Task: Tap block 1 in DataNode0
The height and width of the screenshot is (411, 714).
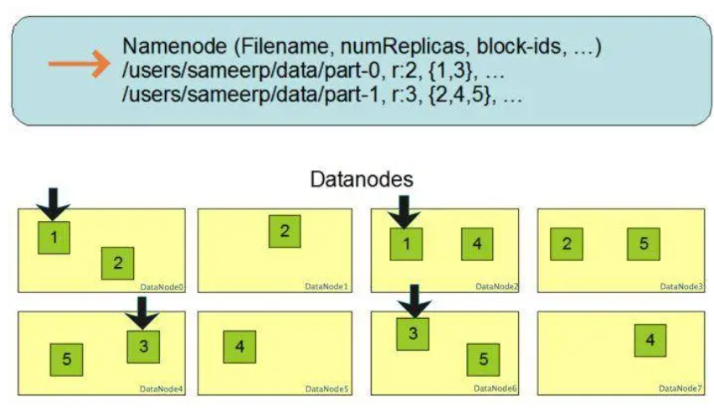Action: click(x=54, y=238)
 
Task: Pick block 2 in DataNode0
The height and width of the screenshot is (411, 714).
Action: click(x=118, y=263)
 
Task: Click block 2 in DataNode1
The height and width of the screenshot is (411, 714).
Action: click(x=285, y=231)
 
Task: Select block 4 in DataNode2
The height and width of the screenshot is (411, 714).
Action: click(x=477, y=244)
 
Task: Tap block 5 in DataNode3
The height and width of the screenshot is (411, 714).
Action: click(x=644, y=244)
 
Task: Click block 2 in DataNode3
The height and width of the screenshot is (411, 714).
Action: click(x=567, y=244)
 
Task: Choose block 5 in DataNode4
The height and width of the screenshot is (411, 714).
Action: click(x=66, y=358)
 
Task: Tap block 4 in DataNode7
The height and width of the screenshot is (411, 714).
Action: click(x=650, y=340)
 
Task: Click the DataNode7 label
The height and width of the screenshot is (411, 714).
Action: click(x=681, y=388)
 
